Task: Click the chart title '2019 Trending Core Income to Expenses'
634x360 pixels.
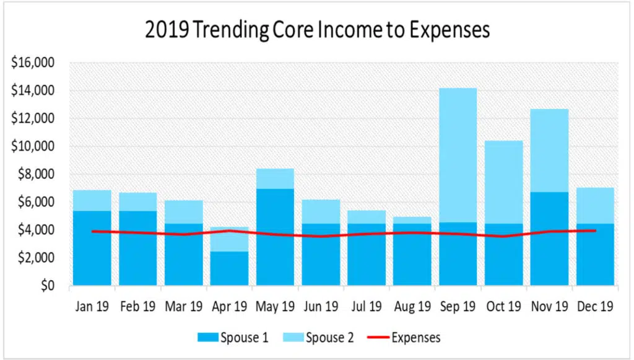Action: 316,29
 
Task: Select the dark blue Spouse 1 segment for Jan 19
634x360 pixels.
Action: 92,260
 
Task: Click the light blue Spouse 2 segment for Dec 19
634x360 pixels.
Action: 595,205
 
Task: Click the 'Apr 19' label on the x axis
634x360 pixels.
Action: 229,305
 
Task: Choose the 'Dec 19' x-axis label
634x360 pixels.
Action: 595,305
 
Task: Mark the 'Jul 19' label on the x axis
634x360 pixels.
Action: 366,305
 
